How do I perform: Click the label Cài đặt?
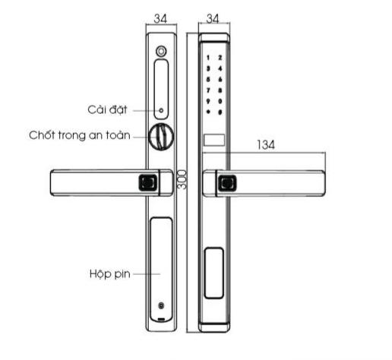click(107, 109)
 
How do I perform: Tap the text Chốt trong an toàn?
click(80, 135)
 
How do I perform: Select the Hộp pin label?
click(110, 274)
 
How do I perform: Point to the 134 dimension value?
click(266, 145)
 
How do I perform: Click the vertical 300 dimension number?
click(182, 179)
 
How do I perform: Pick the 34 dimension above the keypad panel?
click(213, 18)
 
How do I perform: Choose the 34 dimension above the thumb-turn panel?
click(160, 18)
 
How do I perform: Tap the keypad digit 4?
click(220, 68)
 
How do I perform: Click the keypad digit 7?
click(208, 90)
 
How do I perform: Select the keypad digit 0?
click(220, 101)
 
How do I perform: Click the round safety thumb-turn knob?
click(161, 136)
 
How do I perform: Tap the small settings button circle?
click(161, 111)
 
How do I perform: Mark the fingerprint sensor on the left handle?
click(148, 183)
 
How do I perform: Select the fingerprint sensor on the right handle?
click(228, 183)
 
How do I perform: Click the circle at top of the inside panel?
click(161, 51)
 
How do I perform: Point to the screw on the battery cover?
click(161, 306)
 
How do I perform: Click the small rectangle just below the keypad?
click(214, 140)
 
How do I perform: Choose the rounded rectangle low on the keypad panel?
click(214, 273)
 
